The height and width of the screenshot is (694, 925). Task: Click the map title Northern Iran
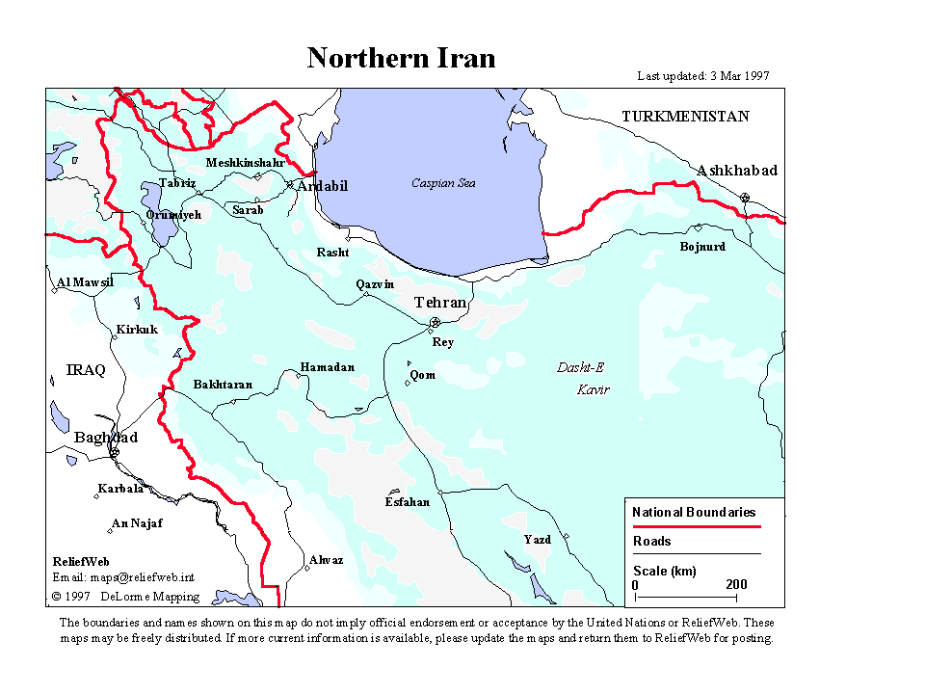(401, 58)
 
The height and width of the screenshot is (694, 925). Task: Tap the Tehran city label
(440, 303)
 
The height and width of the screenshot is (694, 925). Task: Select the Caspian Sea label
(443, 183)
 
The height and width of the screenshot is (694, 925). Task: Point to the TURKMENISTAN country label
(685, 117)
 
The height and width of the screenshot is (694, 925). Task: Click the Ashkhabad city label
(737, 171)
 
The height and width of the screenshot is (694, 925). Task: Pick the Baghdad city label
(106, 438)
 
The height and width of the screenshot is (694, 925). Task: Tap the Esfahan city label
(407, 502)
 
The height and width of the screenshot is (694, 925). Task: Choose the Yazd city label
(537, 540)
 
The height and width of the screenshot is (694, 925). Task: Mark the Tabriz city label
(177, 183)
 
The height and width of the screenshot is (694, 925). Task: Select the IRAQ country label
(86, 370)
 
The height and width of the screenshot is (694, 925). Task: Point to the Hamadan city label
(327, 367)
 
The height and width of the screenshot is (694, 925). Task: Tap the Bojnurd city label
(702, 247)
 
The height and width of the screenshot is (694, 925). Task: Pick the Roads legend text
(652, 542)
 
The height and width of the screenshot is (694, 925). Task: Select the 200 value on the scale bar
(736, 585)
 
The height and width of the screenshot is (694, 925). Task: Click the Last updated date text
(703, 76)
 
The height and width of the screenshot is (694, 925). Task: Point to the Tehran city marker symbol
(436, 322)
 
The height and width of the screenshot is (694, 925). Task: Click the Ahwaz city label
(326, 560)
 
